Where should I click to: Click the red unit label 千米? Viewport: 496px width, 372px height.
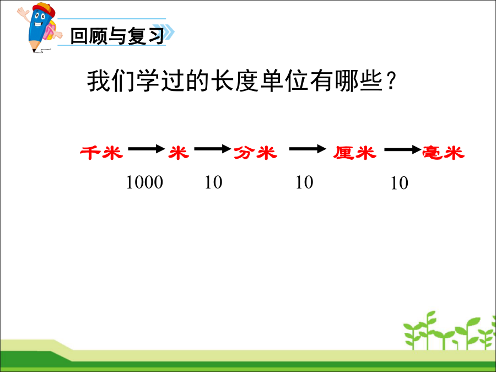(101, 153)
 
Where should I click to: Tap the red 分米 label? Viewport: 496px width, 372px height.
(256, 153)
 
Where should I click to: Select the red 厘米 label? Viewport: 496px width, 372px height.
(354, 153)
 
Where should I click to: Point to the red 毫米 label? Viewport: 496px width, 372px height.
(444, 153)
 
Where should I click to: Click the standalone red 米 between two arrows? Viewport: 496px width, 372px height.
(179, 153)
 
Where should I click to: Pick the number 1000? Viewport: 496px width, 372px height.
(144, 182)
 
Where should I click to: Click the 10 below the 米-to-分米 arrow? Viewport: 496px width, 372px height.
(213, 182)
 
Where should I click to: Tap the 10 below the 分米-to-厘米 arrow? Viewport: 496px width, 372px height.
(304, 182)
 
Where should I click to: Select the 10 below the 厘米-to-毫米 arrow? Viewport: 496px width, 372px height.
(399, 183)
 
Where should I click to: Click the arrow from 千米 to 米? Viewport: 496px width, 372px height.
(147, 148)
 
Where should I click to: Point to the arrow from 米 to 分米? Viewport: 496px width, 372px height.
(212, 148)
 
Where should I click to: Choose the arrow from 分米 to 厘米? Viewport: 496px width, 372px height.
(308, 148)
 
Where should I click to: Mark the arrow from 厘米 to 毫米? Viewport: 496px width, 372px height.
(403, 149)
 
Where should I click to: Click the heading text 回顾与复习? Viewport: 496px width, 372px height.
(117, 36)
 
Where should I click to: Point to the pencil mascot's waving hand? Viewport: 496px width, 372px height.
(23, 14)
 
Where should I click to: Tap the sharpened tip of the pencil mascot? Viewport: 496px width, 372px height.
(34, 51)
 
